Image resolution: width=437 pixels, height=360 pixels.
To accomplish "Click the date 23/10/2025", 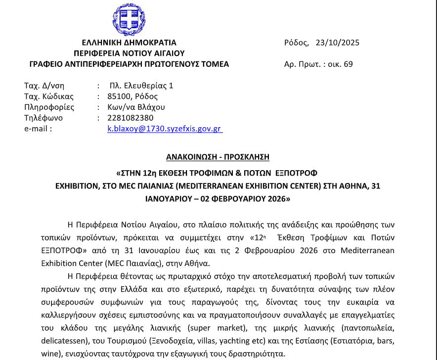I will (x=337, y=43).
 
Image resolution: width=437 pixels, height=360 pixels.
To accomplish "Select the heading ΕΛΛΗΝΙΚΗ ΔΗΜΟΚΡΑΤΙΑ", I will (x=129, y=43).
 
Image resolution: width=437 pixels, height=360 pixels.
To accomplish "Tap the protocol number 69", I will (x=348, y=64).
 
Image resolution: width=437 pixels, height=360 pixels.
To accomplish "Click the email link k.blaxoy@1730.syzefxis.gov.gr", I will (x=165, y=129).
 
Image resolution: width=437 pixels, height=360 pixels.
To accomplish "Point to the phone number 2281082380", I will (x=131, y=118).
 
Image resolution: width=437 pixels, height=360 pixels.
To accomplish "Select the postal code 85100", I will (x=119, y=96).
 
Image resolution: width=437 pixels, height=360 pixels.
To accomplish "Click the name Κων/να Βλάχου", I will (x=136, y=107).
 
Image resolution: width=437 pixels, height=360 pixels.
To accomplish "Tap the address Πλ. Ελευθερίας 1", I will (x=141, y=85).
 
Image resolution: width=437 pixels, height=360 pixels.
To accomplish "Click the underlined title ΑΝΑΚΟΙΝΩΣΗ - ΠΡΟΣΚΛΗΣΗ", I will (x=218, y=157).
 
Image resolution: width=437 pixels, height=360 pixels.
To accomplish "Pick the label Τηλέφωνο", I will (x=44, y=118).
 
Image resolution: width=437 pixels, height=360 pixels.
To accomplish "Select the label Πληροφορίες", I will (x=49, y=107).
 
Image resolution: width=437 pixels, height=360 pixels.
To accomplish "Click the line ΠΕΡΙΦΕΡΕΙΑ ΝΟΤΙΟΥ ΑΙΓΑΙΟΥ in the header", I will (x=129, y=53).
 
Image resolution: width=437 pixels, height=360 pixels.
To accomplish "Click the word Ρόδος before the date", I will (x=296, y=43).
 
